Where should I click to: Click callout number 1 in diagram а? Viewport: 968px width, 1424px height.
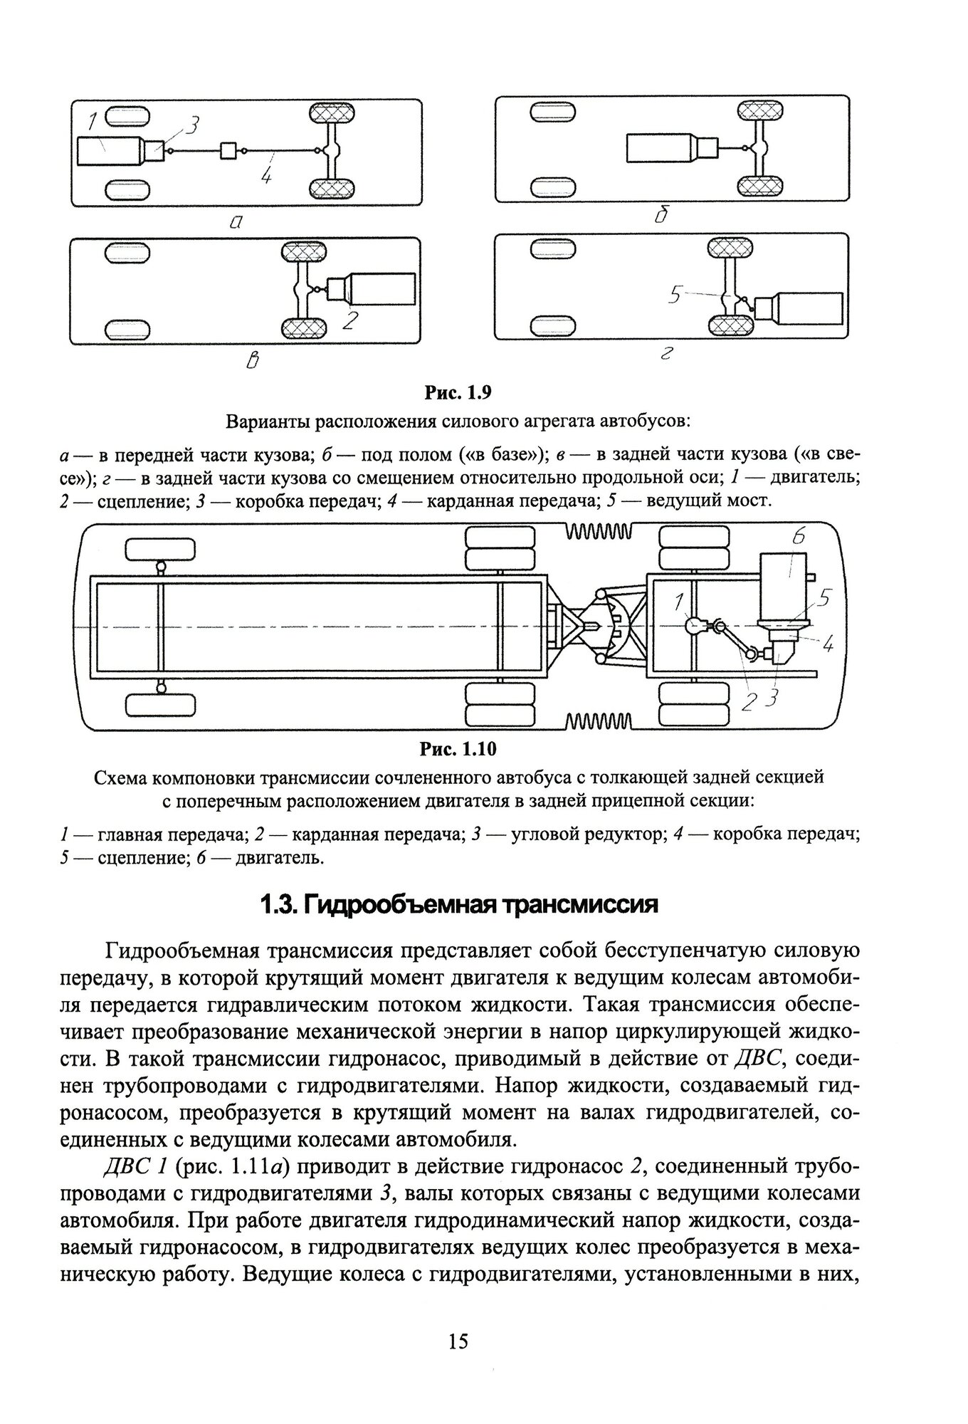[92, 123]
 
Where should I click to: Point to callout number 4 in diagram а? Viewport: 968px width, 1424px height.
[265, 175]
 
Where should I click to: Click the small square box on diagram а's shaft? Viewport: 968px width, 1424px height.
[229, 150]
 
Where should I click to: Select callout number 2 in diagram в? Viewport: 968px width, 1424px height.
[349, 320]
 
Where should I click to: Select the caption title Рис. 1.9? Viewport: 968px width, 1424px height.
[459, 392]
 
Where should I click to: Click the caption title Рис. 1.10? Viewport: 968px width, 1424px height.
[458, 749]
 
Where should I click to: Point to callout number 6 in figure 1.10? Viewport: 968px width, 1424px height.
[798, 538]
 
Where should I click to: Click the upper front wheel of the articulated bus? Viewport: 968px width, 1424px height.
[160, 550]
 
